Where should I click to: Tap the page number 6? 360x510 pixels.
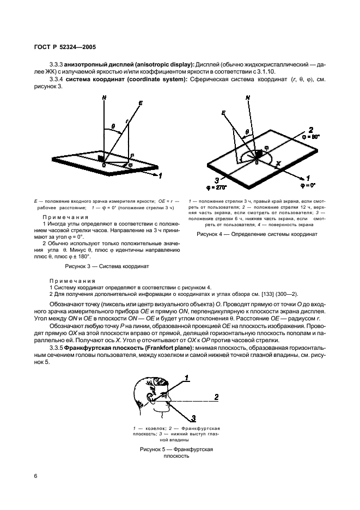tap(36, 476)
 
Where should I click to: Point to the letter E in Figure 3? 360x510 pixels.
tap(141, 103)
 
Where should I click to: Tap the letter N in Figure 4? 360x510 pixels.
tap(248, 99)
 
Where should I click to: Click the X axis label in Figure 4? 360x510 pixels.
tap(279, 163)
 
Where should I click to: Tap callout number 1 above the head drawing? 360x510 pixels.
tap(186, 377)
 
